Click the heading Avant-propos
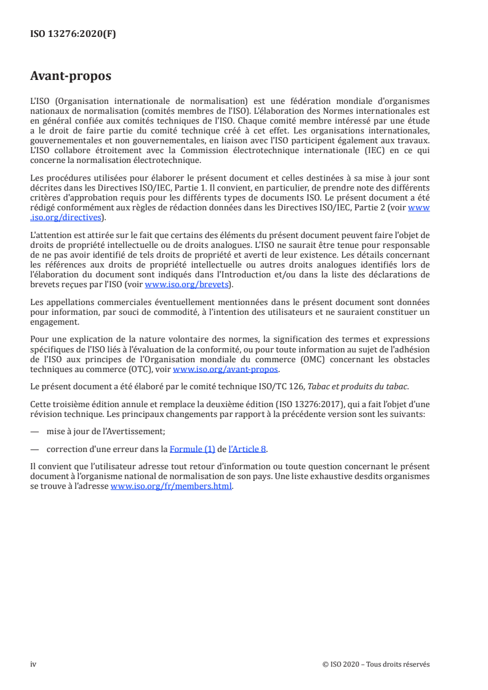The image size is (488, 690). pyautogui.click(x=71, y=76)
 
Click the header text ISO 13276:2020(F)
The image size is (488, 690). pyautogui.click(x=73, y=34)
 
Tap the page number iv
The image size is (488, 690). pyautogui.click(x=34, y=664)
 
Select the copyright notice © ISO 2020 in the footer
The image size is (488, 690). pyautogui.click(x=375, y=664)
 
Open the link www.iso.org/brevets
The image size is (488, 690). pyautogui.click(x=185, y=285)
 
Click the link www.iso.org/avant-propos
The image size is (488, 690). pyautogui.click(x=226, y=370)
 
